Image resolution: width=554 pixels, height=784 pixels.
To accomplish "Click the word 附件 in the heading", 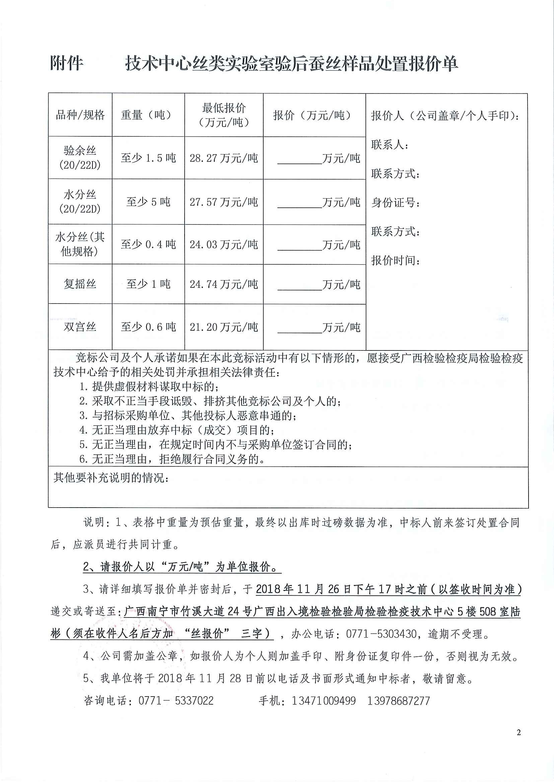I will click(x=67, y=64).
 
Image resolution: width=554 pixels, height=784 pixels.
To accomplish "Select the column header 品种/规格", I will click(x=80, y=115).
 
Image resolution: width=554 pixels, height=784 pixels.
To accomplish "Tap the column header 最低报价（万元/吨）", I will click(x=224, y=115).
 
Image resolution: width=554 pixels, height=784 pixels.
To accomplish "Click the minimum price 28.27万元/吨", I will click(x=224, y=158).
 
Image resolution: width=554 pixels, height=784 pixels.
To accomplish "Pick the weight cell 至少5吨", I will click(x=148, y=202).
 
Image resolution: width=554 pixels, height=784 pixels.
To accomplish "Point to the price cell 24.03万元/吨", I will click(x=224, y=245).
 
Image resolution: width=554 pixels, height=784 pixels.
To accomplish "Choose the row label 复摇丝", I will click(x=80, y=284).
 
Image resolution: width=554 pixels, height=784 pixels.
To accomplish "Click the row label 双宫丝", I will click(x=80, y=327).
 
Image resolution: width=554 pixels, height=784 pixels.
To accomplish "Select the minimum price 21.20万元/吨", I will click(x=224, y=327).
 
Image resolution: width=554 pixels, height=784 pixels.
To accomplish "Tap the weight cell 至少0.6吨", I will click(x=148, y=327).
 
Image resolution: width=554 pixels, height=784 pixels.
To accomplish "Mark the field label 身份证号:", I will click(x=396, y=203).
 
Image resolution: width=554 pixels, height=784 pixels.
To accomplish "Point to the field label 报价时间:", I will click(x=396, y=261).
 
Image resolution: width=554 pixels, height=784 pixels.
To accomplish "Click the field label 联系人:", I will click(x=390, y=145).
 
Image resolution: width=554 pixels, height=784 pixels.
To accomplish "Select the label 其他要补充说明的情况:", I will click(x=111, y=478).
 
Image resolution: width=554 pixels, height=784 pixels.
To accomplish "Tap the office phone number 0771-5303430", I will click(x=381, y=634).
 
